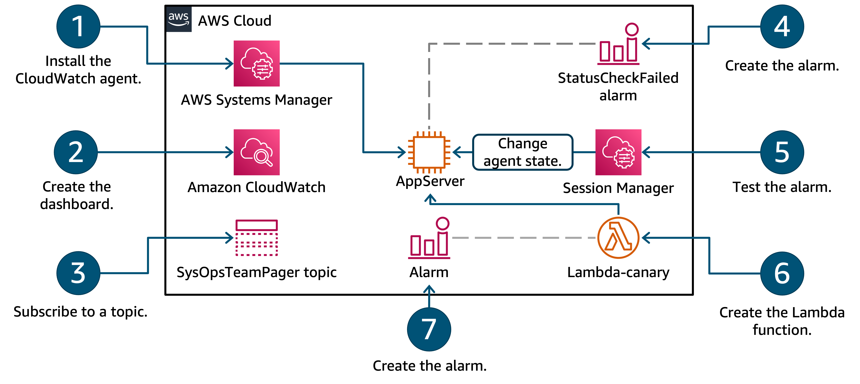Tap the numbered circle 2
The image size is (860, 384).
pyautogui.click(x=76, y=152)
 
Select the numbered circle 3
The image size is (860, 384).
pyautogui.click(x=78, y=273)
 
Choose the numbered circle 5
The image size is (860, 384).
pyautogui.click(x=782, y=152)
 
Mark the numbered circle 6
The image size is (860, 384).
pyautogui.click(x=782, y=273)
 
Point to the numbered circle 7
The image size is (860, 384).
pyautogui.click(x=429, y=329)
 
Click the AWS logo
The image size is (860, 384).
pyautogui.click(x=179, y=19)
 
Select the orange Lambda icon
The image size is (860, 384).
pyautogui.click(x=618, y=237)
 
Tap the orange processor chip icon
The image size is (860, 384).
pyautogui.click(x=429, y=152)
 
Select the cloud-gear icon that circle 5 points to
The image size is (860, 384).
pyautogui.click(x=618, y=152)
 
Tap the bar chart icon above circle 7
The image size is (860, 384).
pyautogui.click(x=429, y=238)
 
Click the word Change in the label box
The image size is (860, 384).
pyautogui.click(x=523, y=144)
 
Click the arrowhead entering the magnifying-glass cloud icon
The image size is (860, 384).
pyautogui.click(x=230, y=152)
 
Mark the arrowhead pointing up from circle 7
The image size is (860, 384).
pyautogui.click(x=429, y=289)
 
